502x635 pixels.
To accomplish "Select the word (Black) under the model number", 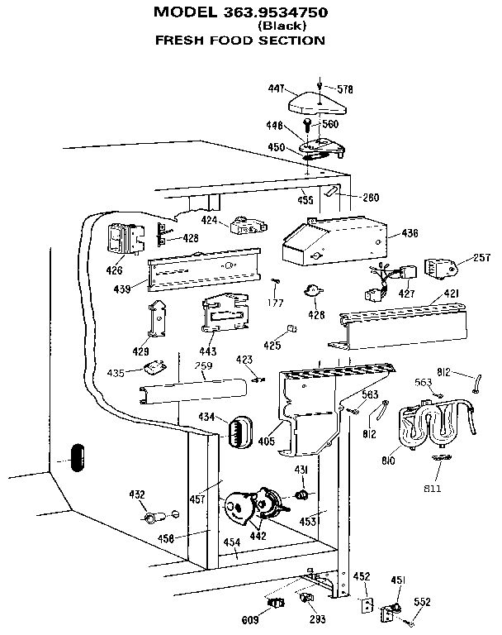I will point(282,26).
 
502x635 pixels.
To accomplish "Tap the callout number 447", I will point(276,87).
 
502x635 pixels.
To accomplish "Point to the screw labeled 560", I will point(307,127).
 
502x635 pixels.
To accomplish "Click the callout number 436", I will point(410,234).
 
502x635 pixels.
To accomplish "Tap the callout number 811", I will point(433,489).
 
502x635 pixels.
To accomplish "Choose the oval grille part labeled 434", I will point(238,432).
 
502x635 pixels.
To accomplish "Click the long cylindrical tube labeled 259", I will point(193,389).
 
